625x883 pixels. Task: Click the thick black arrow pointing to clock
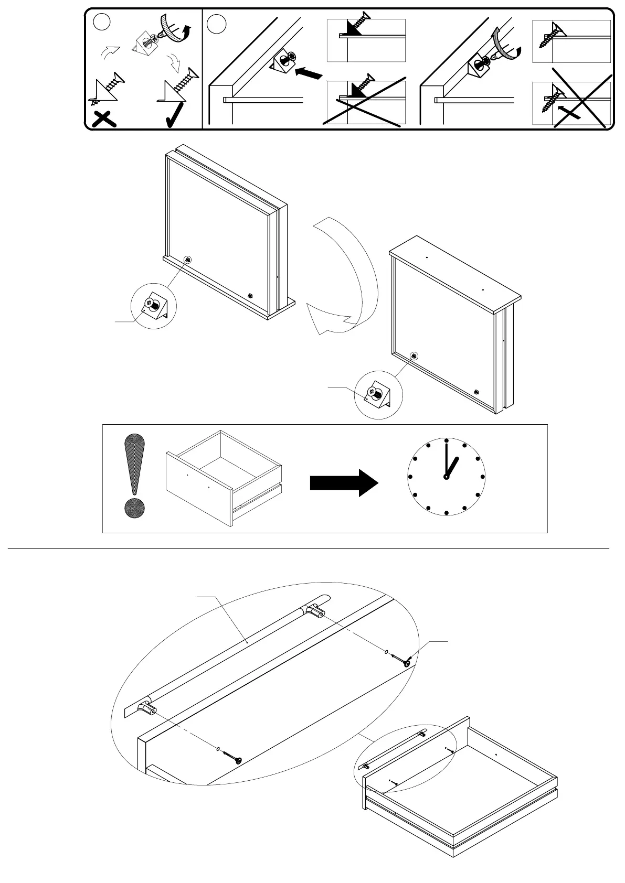tap(344, 482)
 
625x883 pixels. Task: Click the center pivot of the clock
tap(446, 477)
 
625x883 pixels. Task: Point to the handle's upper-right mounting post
tap(316, 611)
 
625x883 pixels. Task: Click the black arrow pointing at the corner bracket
tap(308, 73)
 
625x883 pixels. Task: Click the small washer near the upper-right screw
tap(387, 653)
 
